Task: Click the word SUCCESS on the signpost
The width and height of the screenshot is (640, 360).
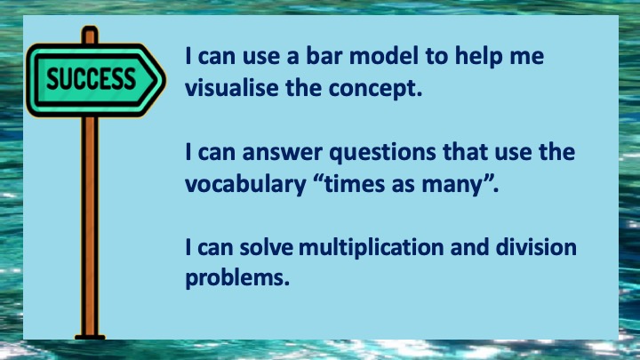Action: coord(91,79)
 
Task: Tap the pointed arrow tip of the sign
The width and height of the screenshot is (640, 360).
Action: coord(164,79)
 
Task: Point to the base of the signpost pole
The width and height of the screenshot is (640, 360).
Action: coord(90,337)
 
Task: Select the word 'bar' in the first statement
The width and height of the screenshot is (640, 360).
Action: coord(324,56)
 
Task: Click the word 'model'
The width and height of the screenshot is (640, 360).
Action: coord(384,56)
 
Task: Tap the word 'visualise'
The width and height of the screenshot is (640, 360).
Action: coord(231,87)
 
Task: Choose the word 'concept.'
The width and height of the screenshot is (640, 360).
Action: coord(375,89)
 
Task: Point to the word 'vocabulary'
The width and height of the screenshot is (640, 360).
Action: coord(245,185)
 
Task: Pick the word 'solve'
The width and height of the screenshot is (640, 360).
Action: coord(266,247)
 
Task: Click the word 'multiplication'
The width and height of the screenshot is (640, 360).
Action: coord(371,249)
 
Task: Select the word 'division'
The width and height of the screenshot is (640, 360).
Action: coord(536,247)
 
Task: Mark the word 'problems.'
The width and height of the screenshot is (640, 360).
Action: coord(237,279)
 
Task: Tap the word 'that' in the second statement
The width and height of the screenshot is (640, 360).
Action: coord(465,152)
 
